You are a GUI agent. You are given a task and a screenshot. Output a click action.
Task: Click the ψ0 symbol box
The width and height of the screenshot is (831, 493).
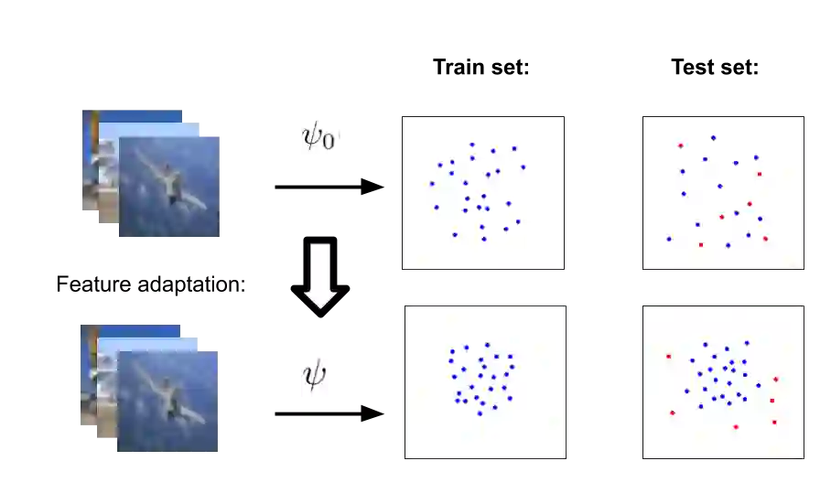click(x=321, y=135)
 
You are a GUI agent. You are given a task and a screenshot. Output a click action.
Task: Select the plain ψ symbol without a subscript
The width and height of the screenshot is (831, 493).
click(x=314, y=376)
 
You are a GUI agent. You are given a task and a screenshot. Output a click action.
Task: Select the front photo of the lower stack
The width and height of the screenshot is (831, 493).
click(x=168, y=402)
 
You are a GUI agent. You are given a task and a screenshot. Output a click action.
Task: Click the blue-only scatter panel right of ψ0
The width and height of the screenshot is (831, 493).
click(x=482, y=192)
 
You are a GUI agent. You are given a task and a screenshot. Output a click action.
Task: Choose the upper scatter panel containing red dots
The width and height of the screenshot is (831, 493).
click(x=722, y=192)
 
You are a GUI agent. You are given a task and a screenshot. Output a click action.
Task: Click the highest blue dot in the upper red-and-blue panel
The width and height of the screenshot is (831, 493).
click(x=713, y=138)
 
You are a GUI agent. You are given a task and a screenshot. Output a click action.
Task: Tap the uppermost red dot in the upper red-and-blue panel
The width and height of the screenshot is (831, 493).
click(x=680, y=145)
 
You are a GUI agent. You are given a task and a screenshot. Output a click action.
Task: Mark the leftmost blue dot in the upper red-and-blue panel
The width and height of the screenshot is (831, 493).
click(x=668, y=239)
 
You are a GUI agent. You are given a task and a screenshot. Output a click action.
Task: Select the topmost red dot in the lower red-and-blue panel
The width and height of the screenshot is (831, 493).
click(x=669, y=356)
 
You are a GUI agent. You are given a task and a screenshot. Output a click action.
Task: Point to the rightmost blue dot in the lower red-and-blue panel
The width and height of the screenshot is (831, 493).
click(x=758, y=385)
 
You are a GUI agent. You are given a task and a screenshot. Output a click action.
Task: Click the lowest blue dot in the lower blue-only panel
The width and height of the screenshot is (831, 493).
click(x=480, y=413)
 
